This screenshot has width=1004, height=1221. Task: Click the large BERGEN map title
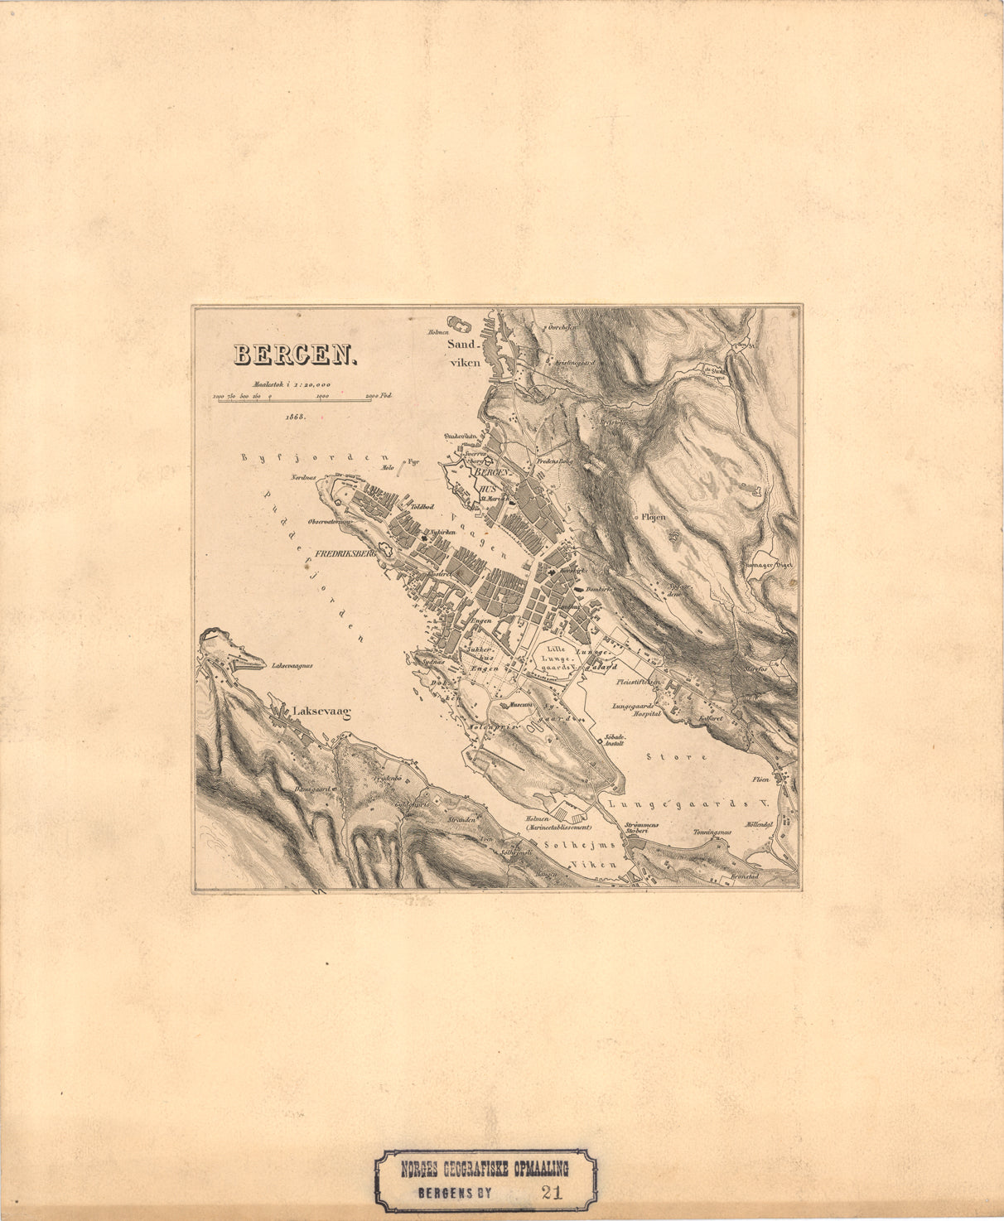(x=294, y=355)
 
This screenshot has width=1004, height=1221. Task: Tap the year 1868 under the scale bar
(x=295, y=416)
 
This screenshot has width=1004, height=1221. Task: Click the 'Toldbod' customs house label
(x=422, y=505)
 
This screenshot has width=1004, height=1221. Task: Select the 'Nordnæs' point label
(x=304, y=478)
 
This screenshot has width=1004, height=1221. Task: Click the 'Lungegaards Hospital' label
(x=636, y=709)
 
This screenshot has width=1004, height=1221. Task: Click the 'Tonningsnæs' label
(x=712, y=832)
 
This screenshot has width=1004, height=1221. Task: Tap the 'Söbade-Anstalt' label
(x=615, y=739)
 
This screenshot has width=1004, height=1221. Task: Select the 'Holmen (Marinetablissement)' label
(x=557, y=823)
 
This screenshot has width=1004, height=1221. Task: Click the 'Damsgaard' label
(x=312, y=789)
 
